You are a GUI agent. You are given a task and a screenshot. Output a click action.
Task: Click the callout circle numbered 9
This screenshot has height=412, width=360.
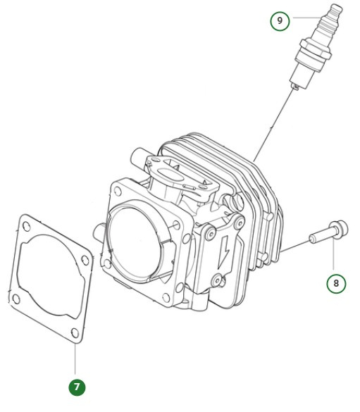coord(280,20)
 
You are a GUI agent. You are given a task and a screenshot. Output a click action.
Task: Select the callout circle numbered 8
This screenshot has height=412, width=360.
coord(336,284)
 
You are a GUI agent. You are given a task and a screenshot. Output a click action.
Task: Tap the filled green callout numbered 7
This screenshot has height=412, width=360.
coord(77,387)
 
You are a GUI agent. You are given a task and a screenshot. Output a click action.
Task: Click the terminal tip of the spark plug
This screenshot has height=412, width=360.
coord(337,8)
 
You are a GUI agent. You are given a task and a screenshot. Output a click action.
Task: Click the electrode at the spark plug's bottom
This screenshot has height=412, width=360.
coord(294,85)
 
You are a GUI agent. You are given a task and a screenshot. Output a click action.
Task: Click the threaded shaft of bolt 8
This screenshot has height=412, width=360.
coord(320,236)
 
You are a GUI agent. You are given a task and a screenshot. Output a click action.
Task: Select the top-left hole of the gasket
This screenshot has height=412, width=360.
coord(27,227)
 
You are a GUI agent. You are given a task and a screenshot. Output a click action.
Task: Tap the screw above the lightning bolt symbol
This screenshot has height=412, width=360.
coord(209,231)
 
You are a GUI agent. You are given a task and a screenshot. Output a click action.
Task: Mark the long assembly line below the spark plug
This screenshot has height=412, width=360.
coord(271,127)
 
